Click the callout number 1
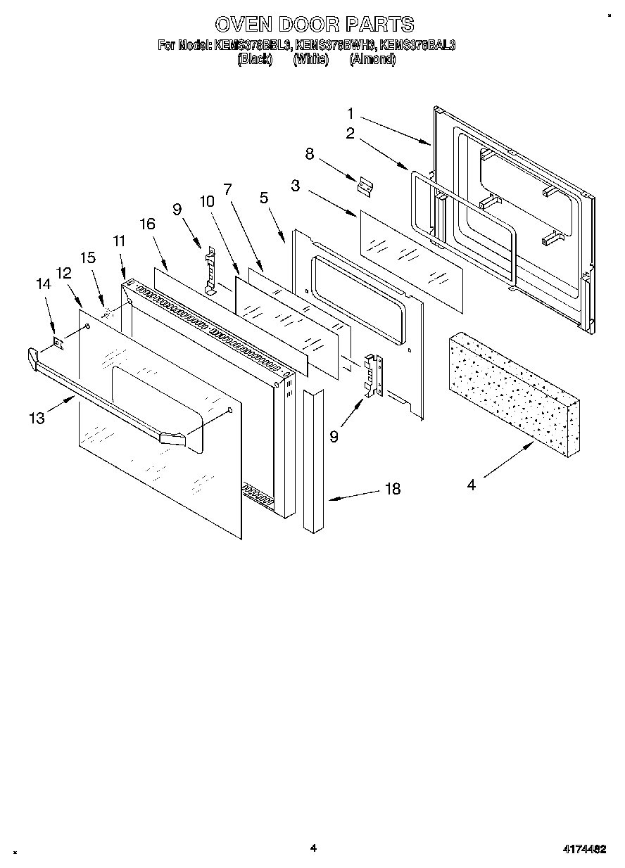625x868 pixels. pyautogui.click(x=351, y=113)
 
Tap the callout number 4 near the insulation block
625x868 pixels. pyautogui.click(x=471, y=485)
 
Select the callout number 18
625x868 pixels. pyautogui.click(x=393, y=489)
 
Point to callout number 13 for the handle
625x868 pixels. pyautogui.click(x=37, y=418)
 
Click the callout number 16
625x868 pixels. pyautogui.click(x=147, y=224)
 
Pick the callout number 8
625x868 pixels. pyautogui.click(x=309, y=153)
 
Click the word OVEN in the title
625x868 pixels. pyautogui.click(x=243, y=25)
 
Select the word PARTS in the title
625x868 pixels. pyautogui.click(x=379, y=25)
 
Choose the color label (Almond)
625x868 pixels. pyautogui.click(x=372, y=60)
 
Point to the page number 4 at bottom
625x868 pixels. pyautogui.click(x=313, y=848)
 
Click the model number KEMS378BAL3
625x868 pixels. pyautogui.click(x=417, y=45)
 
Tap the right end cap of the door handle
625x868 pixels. pyautogui.click(x=173, y=439)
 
